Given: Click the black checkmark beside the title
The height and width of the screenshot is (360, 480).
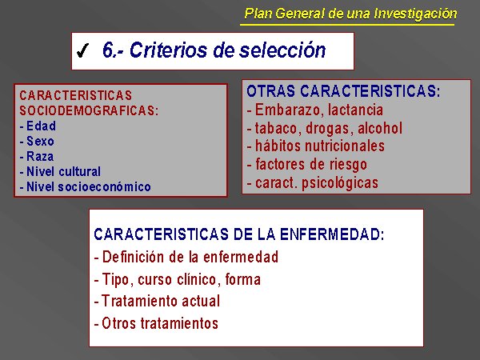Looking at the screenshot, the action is click(x=82, y=50).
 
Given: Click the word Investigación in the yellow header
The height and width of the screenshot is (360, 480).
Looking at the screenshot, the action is click(x=415, y=14).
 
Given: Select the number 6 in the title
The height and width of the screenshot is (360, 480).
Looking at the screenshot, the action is click(x=108, y=50).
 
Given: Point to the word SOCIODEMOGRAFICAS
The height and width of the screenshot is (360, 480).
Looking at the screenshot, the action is click(x=89, y=110).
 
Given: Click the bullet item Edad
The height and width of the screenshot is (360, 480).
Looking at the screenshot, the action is click(x=41, y=126).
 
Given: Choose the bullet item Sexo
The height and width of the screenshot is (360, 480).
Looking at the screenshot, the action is click(x=40, y=141).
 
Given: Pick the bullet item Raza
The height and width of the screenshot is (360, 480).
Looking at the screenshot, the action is click(x=40, y=157).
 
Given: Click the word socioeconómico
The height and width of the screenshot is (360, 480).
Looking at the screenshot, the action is click(x=104, y=186).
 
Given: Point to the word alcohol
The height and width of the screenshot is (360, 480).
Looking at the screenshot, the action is click(x=380, y=128).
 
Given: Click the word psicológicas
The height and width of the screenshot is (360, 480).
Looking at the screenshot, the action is click(x=340, y=183).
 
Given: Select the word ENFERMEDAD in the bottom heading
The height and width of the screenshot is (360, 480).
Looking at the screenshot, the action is click(x=332, y=234).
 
